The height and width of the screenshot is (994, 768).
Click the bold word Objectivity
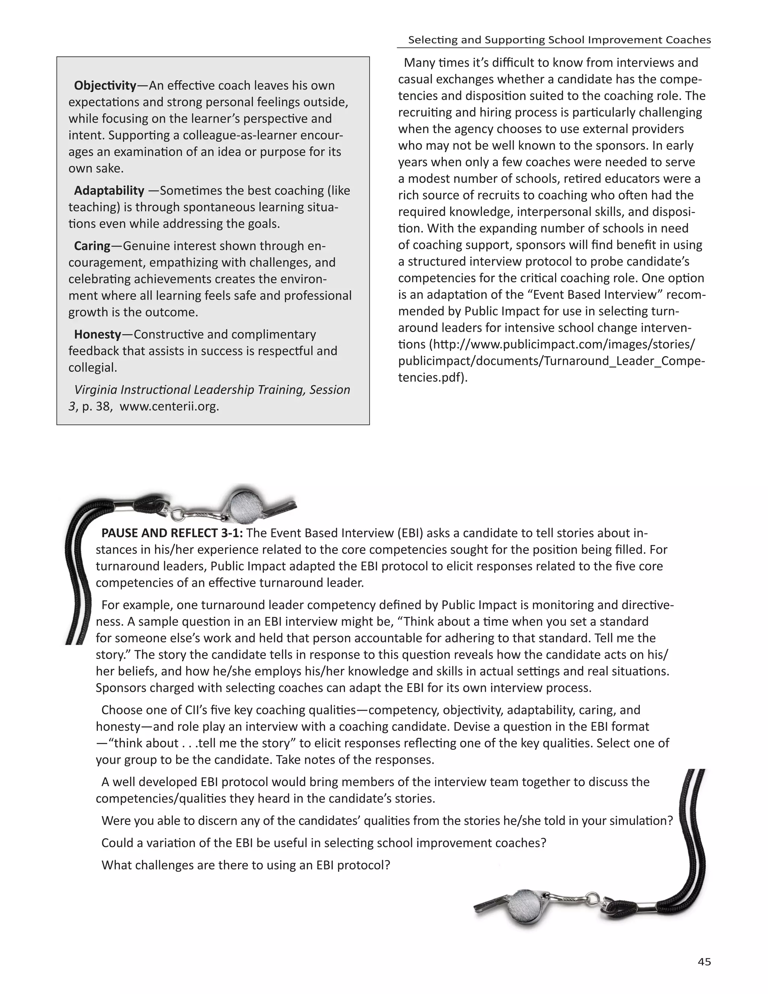tap(105, 86)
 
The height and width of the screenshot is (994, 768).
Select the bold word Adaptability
tap(109, 190)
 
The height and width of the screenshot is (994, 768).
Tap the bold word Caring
tap(92, 246)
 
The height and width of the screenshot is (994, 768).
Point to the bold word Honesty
tap(97, 334)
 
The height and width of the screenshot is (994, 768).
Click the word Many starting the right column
tap(420, 63)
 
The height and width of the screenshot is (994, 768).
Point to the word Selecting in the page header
tap(432, 40)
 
